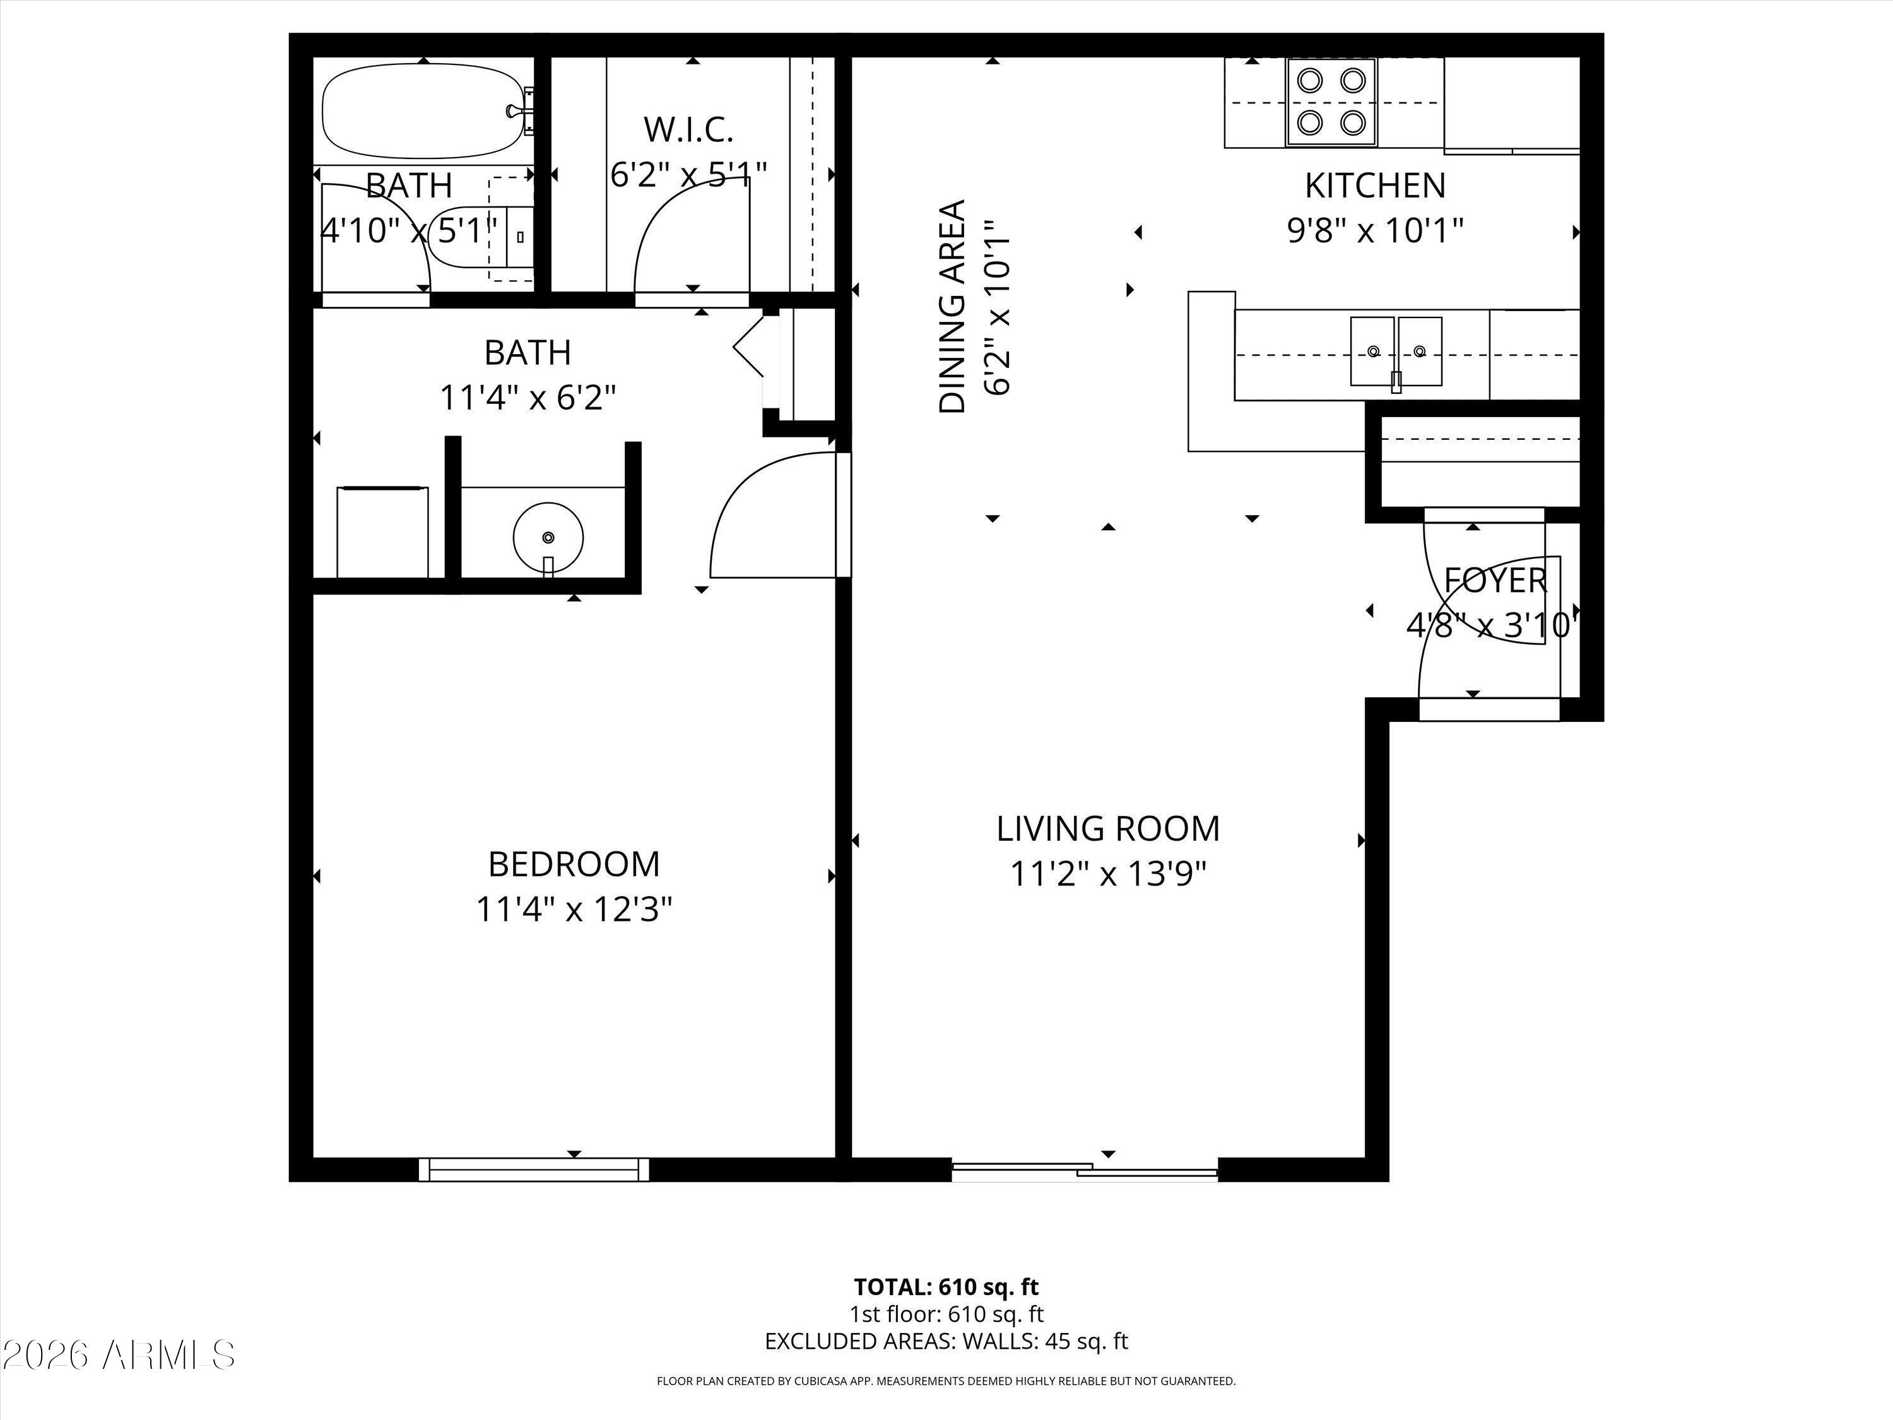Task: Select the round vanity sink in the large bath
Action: coord(548,536)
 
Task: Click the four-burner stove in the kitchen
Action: coord(1331,102)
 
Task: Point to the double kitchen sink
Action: coord(1396,351)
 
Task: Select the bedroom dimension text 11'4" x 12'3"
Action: coord(574,909)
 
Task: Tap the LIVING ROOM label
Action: coord(1107,829)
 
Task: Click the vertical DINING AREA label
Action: coord(952,307)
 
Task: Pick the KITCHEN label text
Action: coord(1374,185)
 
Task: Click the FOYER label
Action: coord(1495,581)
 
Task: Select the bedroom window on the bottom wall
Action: coord(534,1169)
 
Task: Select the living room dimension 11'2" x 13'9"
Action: coord(1107,874)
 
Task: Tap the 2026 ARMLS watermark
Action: coord(118,1355)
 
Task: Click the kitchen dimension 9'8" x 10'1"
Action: coord(1374,230)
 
